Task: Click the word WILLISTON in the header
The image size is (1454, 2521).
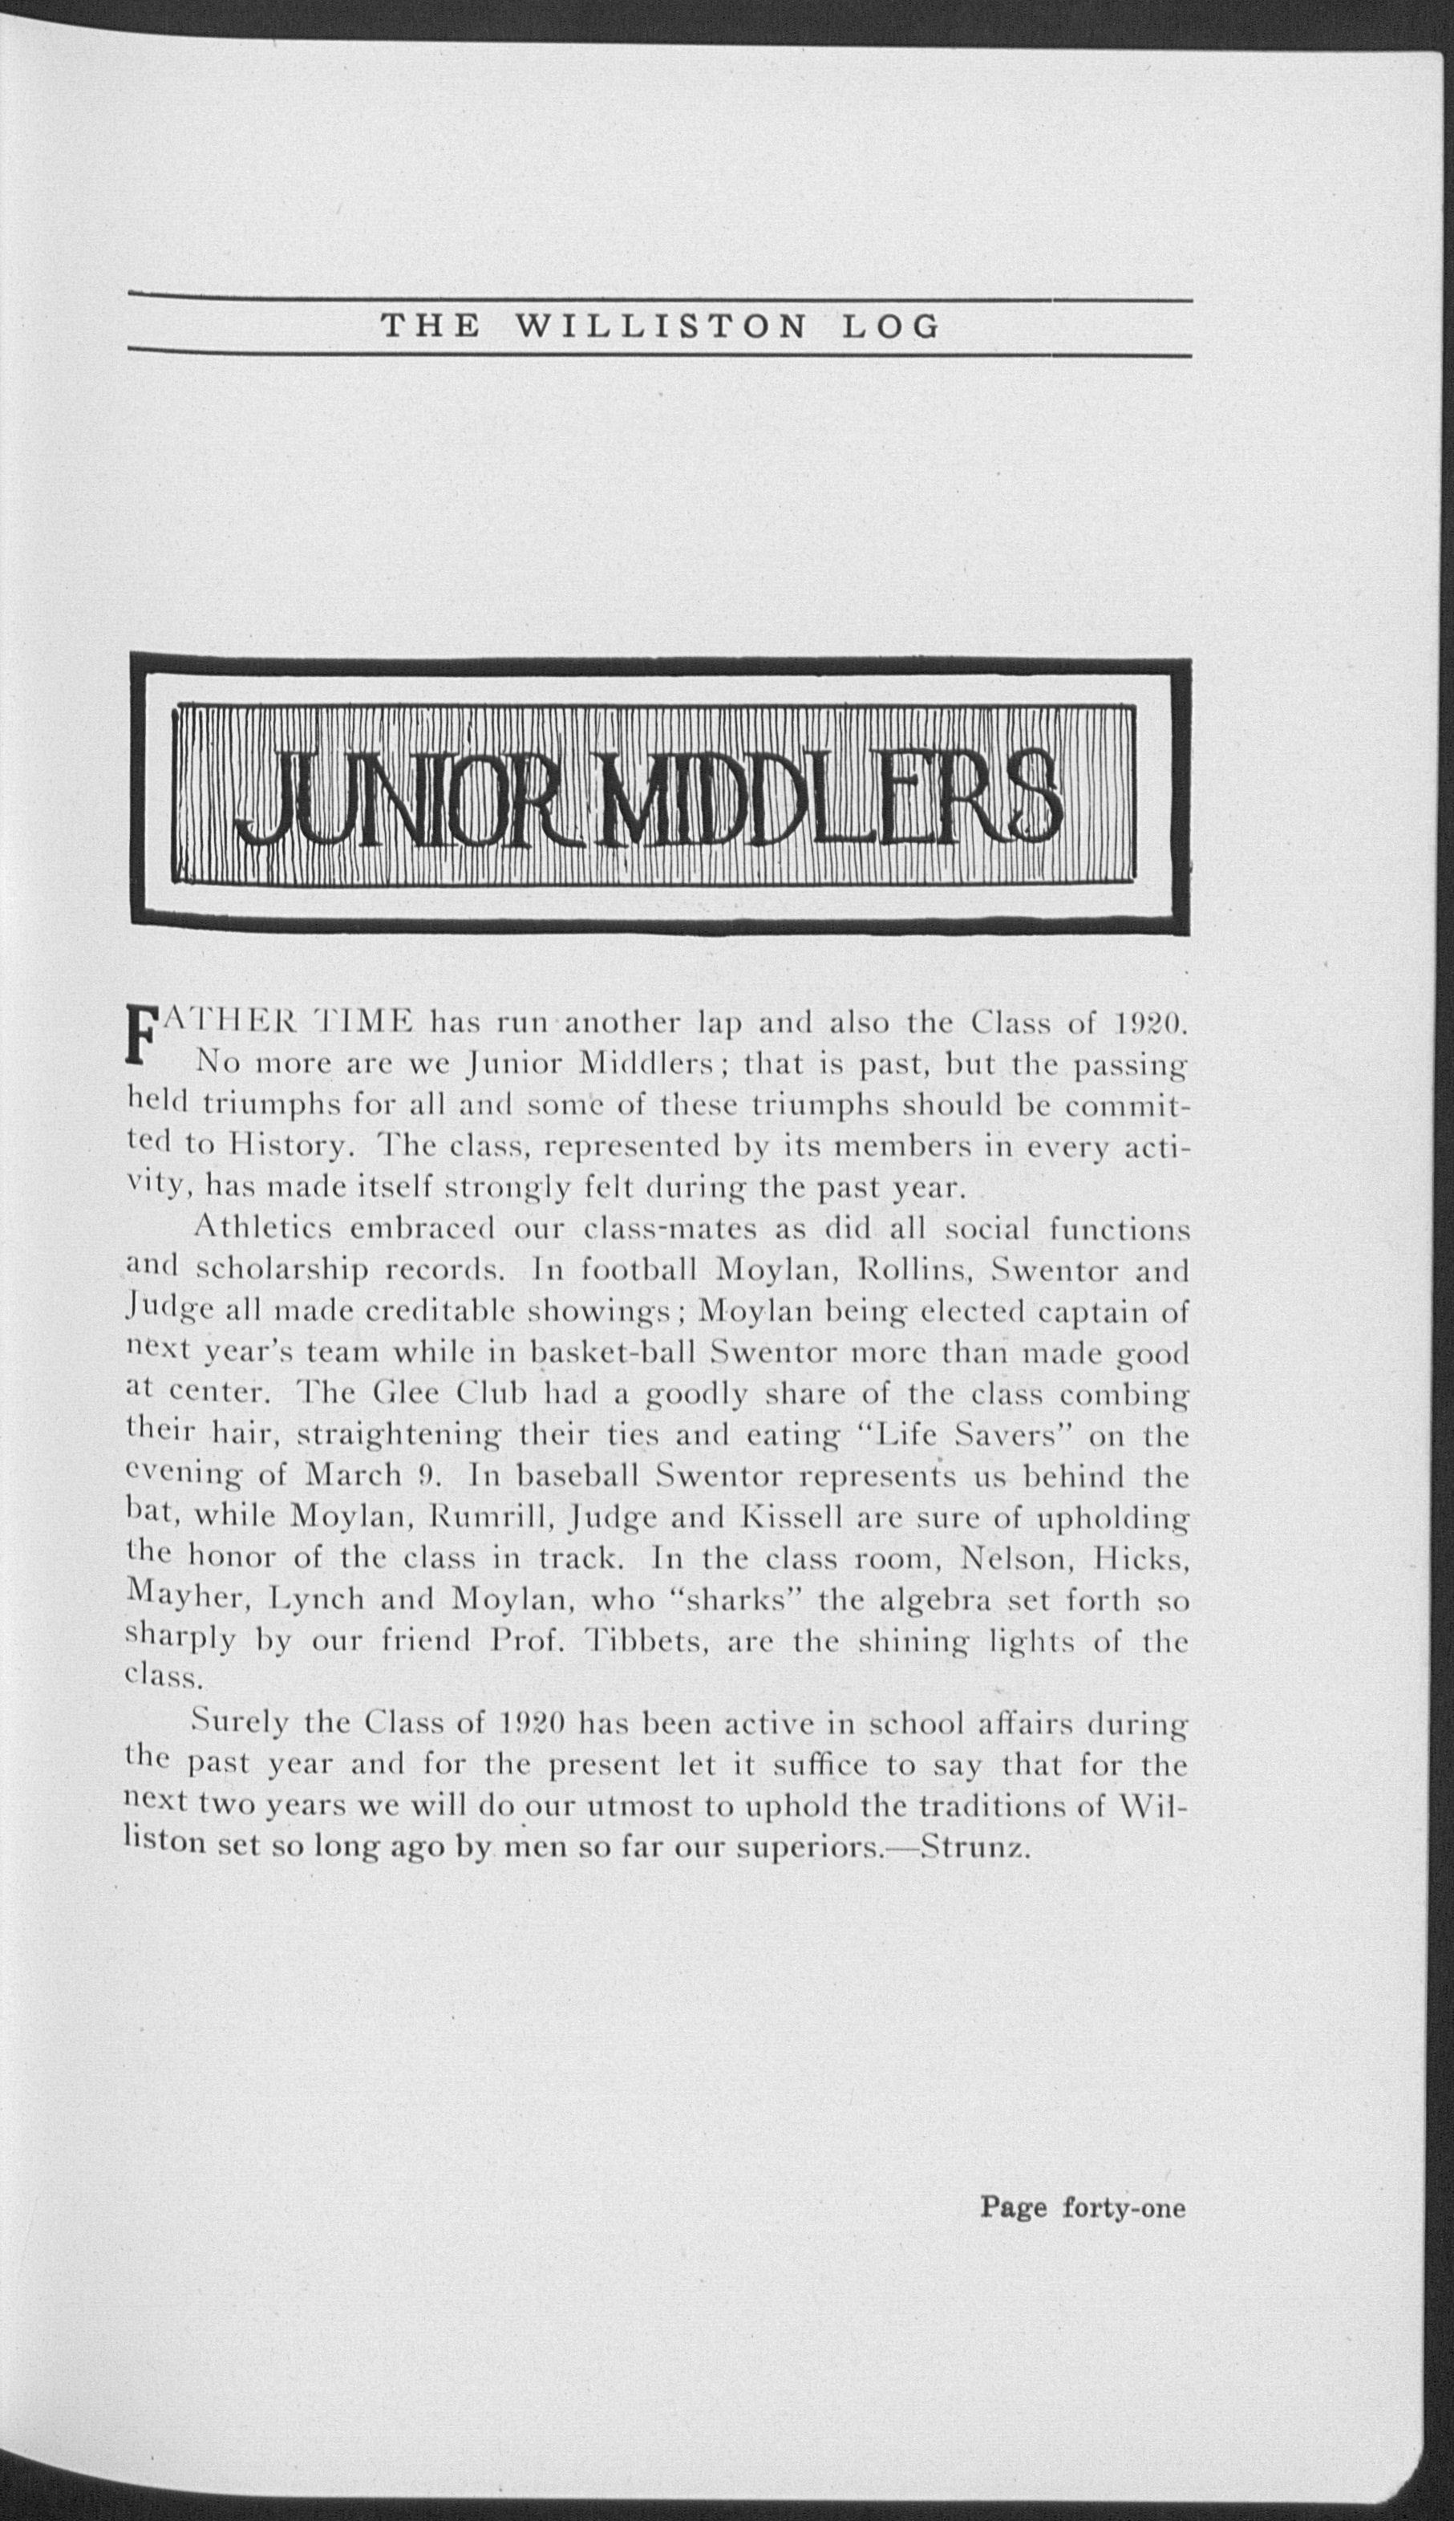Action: [x=660, y=326]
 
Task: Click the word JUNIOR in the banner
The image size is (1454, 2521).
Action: [x=410, y=795]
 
